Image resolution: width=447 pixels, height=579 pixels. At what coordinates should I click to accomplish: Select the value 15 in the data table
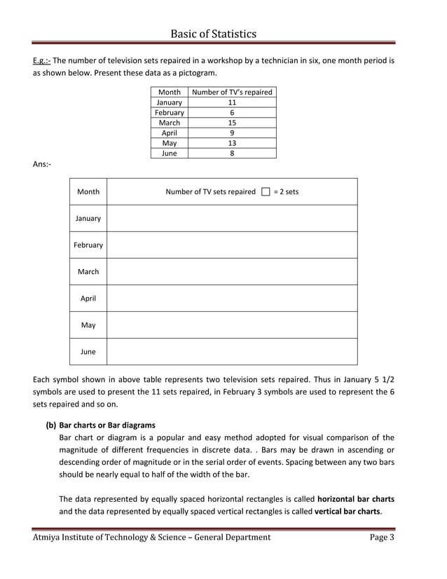(232, 123)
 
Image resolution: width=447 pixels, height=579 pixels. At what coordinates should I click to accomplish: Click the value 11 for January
(232, 102)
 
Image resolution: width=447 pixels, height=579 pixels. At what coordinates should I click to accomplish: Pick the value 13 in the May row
(232, 143)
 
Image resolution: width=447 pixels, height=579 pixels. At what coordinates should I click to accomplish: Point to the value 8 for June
(232, 154)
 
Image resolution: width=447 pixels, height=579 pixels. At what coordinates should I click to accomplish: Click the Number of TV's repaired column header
(232, 92)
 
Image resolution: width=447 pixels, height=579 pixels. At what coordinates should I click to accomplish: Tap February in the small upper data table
(170, 112)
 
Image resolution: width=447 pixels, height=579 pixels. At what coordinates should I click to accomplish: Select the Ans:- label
(42, 164)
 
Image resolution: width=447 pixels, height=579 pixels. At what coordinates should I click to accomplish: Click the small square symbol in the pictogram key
(265, 191)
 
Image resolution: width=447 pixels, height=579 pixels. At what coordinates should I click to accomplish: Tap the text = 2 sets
(286, 191)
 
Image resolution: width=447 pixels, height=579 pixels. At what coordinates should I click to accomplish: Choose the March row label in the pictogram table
(88, 271)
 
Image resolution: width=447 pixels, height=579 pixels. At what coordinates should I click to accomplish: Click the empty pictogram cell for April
(232, 298)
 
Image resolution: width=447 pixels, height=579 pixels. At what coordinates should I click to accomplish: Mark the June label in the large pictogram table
(88, 352)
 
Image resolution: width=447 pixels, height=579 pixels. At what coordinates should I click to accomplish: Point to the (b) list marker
(51, 425)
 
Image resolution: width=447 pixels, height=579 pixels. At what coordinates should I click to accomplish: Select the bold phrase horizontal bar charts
(356, 499)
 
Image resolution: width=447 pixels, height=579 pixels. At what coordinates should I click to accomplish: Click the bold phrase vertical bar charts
(346, 512)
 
